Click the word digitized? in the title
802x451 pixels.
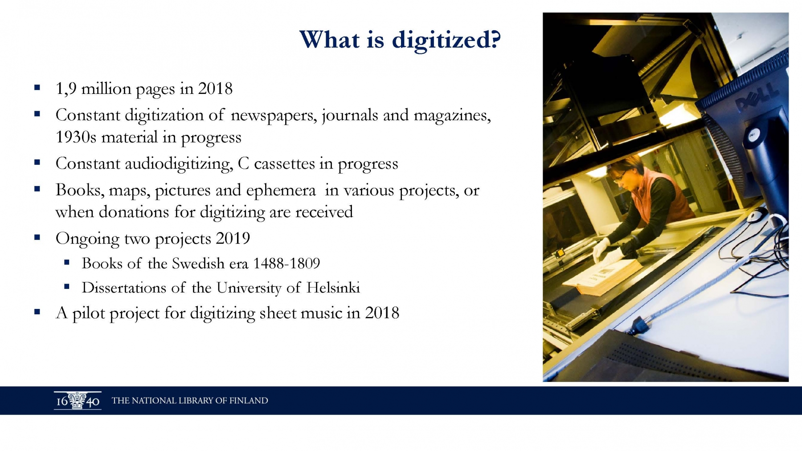coord(446,41)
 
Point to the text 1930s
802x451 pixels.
coord(76,137)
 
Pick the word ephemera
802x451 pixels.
coord(281,191)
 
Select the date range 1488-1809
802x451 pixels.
coord(286,264)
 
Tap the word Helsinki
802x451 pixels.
coord(333,288)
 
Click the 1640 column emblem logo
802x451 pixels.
coord(78,401)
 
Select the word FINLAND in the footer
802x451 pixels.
coord(249,401)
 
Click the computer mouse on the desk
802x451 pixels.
coord(756,215)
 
